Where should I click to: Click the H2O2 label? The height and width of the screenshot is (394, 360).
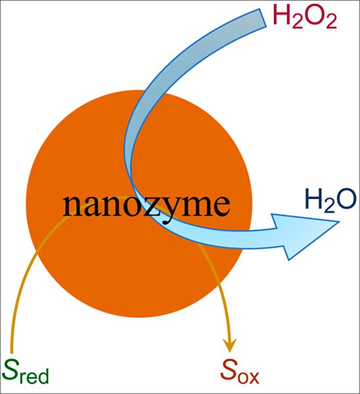coord(305,17)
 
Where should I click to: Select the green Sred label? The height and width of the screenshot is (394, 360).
coord(26,372)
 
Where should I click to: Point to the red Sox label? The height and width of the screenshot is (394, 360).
coord(240,372)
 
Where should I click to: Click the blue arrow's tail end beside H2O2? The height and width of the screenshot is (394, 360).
coord(262,18)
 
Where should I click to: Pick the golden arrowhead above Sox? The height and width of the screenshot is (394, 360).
coord(229,345)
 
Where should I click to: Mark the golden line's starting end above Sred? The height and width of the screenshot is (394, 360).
coord(12,352)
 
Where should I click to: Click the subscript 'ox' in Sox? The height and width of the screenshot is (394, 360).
coord(248,378)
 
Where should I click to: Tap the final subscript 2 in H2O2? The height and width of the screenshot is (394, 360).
coord(330,22)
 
